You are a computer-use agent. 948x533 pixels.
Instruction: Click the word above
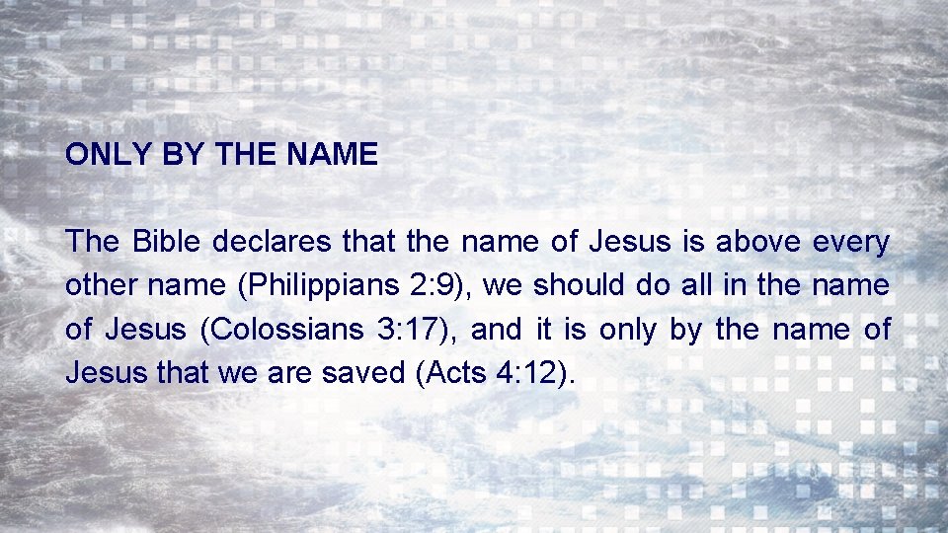point(758,242)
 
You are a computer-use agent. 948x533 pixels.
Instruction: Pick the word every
point(851,242)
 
